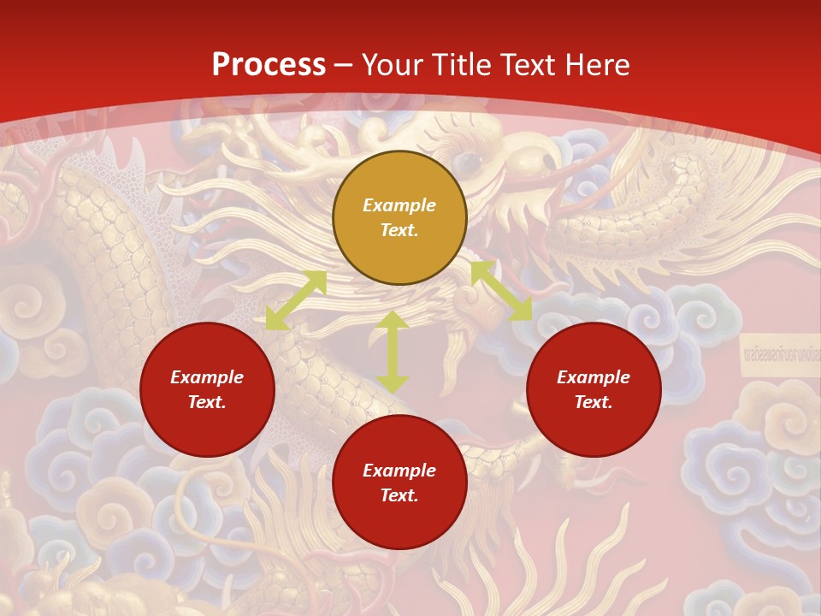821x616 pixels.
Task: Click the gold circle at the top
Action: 399,217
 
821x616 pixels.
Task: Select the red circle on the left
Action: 207,389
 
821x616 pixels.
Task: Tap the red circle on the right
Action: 594,389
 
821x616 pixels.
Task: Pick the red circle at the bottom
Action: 399,483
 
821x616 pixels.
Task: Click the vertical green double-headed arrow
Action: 393,352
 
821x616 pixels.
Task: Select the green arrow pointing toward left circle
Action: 296,300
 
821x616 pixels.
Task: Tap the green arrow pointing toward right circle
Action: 501,291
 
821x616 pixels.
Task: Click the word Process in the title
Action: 269,65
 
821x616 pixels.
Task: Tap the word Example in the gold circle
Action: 399,205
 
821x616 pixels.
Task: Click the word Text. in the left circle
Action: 207,402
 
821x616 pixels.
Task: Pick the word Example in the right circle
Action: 594,377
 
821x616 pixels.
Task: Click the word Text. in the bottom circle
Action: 399,495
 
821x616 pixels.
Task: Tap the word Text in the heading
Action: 529,65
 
